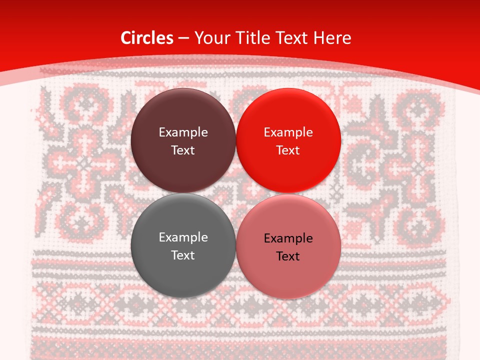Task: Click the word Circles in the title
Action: tap(146, 38)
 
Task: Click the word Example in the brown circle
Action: tap(183, 132)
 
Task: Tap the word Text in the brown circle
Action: tap(183, 150)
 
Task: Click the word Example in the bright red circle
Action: tap(288, 132)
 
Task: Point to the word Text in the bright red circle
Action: tap(288, 150)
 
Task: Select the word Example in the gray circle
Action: tap(183, 237)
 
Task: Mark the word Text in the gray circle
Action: tap(183, 255)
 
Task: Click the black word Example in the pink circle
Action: tap(288, 238)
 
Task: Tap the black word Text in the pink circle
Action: tap(288, 256)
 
